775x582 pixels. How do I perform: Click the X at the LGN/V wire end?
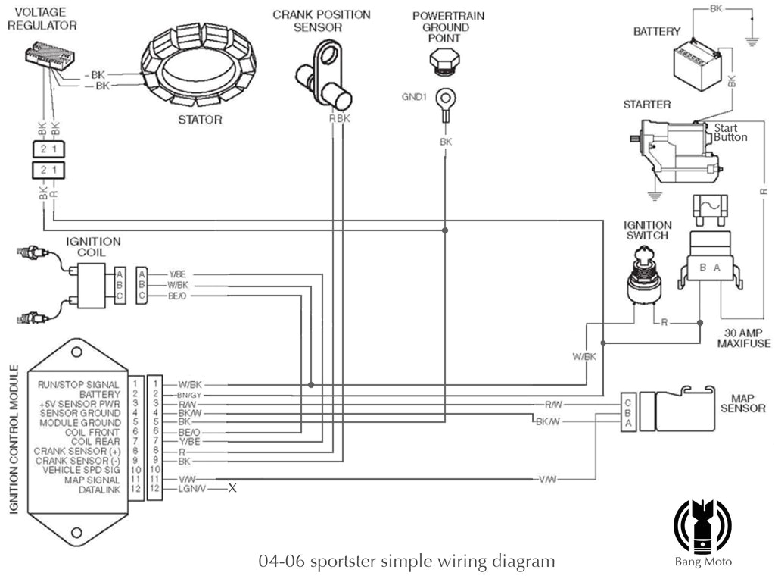pos(232,489)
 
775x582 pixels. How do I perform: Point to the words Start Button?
pos(730,133)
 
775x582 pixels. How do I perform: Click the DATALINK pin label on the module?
pos(101,490)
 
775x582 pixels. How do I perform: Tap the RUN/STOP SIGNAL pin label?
pos(79,385)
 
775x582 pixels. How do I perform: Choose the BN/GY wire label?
pos(189,395)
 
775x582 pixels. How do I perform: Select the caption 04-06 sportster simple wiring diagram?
pos(406,562)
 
